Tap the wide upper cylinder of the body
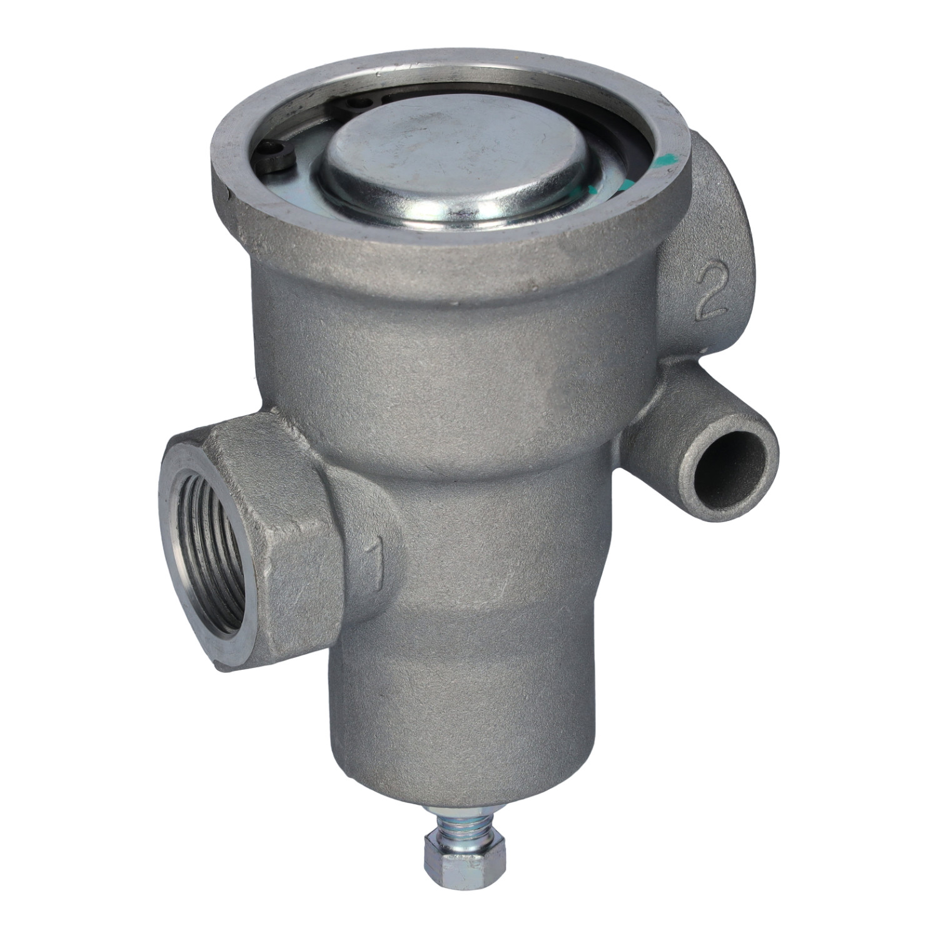coord(438,350)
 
